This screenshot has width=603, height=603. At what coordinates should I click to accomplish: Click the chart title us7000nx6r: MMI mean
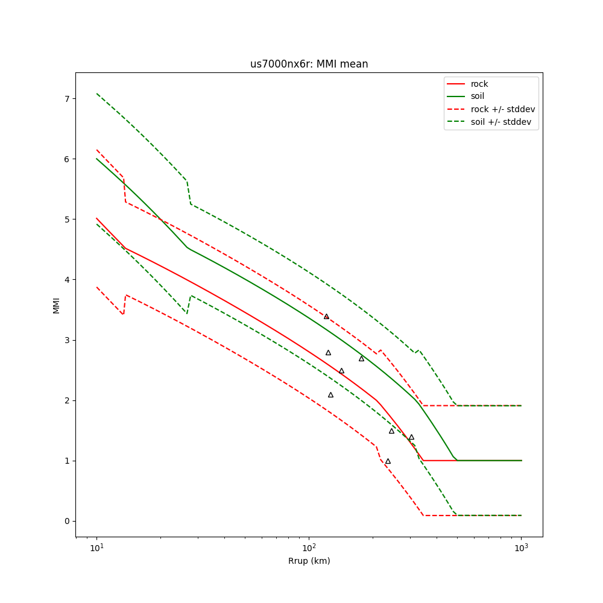pos(309,64)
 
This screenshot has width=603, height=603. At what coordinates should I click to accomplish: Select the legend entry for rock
pos(479,84)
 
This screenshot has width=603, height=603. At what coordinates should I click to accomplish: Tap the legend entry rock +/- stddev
pos(502,109)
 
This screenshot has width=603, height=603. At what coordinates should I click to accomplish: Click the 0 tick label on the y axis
pos(68,521)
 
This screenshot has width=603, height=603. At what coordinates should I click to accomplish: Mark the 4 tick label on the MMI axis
pos(68,280)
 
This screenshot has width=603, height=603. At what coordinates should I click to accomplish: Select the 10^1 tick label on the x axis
pos(96,548)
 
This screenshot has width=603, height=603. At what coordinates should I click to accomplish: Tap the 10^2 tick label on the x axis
pos(309,548)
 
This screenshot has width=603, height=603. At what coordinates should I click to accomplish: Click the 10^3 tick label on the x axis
pos(521,548)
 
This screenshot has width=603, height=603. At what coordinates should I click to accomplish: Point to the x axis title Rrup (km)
pos(309,561)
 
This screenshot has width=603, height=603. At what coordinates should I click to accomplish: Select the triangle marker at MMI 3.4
pos(326,316)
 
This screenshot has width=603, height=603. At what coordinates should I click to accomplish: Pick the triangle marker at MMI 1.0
pos(388,461)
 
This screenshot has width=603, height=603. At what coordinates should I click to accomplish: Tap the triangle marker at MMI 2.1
pos(330,395)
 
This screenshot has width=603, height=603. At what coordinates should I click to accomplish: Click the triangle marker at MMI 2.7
pos(361,359)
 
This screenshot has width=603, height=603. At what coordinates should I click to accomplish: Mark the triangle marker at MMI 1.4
pos(411,437)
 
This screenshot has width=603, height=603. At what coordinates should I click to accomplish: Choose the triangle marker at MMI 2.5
pos(341,371)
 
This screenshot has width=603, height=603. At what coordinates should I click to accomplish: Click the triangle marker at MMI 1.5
pos(391,431)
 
